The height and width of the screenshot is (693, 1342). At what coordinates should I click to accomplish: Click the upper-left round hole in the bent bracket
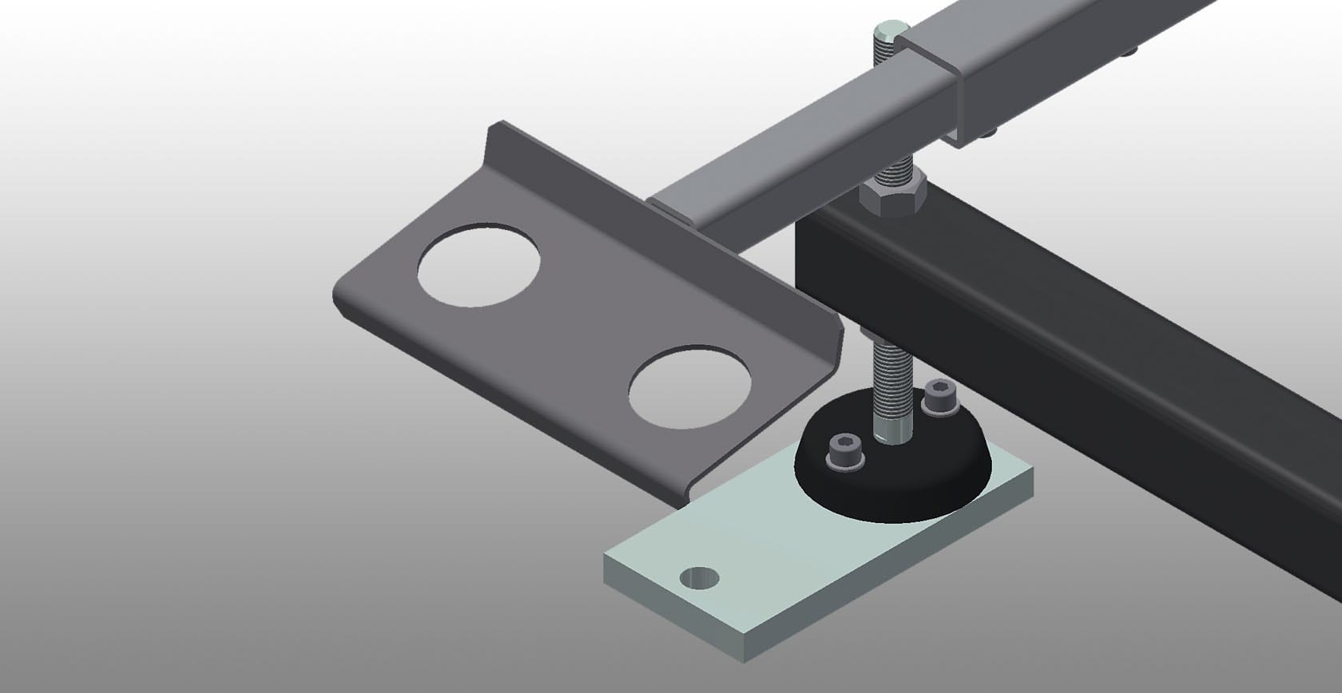coord(478,264)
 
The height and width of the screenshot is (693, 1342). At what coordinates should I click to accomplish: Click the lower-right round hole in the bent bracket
coord(689,386)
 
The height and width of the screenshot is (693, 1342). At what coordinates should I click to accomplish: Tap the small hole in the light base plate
coord(698,577)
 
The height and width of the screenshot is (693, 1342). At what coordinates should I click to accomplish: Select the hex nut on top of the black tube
coord(891,196)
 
